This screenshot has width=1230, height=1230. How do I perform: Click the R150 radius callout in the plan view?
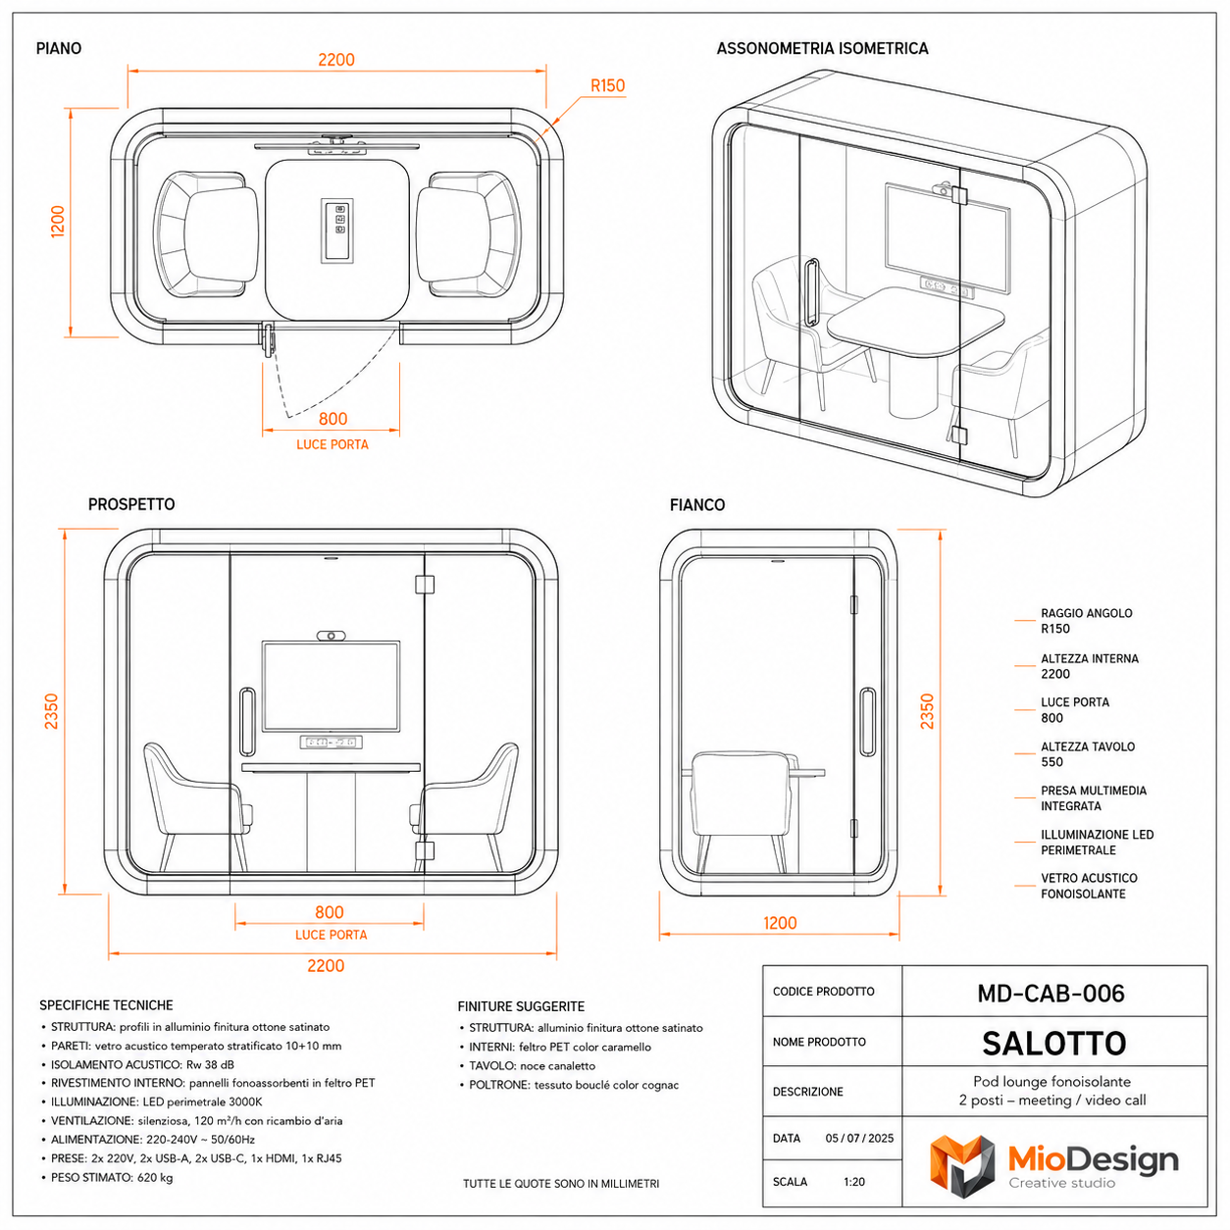click(x=607, y=85)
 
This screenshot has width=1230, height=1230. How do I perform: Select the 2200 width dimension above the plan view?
click(x=336, y=60)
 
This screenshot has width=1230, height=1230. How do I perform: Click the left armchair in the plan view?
click(x=206, y=233)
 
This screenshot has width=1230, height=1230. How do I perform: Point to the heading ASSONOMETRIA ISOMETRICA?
click(x=822, y=48)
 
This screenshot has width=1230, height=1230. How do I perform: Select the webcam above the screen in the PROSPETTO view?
click(x=332, y=636)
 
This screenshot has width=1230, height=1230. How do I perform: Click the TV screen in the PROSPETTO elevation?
click(x=332, y=687)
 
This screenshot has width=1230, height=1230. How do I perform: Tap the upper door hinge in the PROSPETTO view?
click(x=425, y=584)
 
